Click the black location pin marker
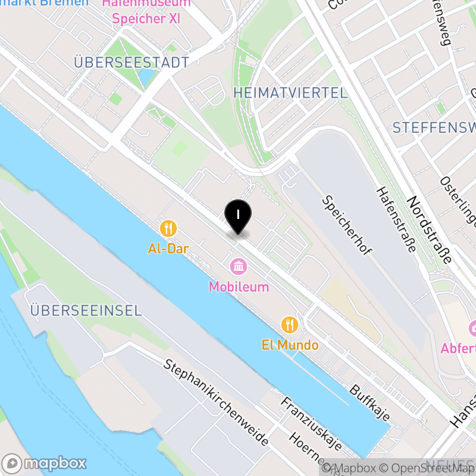[238, 215]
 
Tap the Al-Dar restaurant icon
[168, 228]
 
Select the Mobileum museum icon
[239, 265]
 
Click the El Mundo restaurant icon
[290, 324]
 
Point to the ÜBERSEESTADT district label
[131, 62]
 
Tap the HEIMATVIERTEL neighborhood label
[290, 93]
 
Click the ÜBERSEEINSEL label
[86, 311]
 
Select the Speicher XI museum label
[146, 18]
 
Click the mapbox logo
[45, 463]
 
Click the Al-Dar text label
[168, 249]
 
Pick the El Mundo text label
[290, 345]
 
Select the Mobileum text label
[239, 287]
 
